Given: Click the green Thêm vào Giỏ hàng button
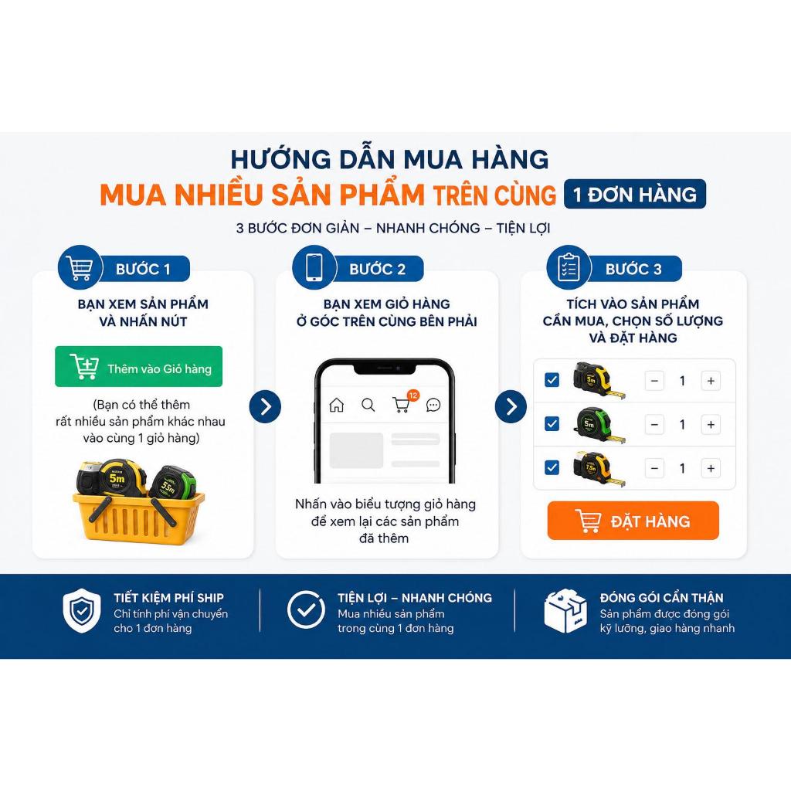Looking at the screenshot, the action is (x=139, y=366).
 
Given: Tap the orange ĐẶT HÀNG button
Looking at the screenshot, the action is (x=633, y=520).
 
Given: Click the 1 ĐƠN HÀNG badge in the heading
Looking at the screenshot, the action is (x=635, y=194).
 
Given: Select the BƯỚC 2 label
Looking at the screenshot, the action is (x=377, y=269).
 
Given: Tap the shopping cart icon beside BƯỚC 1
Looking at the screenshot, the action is (x=80, y=266).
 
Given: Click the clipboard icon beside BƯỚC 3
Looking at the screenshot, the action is (x=569, y=266).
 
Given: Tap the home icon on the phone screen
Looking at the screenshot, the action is (x=337, y=405).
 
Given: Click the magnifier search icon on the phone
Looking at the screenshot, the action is (x=368, y=405).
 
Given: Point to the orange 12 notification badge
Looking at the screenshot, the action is (x=413, y=395).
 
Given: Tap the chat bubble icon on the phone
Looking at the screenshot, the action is (x=433, y=405).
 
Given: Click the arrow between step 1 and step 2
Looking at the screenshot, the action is (x=265, y=406).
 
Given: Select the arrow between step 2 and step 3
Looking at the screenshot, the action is (x=511, y=406).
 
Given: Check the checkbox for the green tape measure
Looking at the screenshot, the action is (x=552, y=424).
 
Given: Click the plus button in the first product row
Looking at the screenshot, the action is (x=711, y=381).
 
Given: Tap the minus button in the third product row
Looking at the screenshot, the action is (x=654, y=469).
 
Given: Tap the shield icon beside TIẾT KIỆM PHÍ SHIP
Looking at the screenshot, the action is (x=82, y=610).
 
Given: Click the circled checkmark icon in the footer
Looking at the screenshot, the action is (x=306, y=610).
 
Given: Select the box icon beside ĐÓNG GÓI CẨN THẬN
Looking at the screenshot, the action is (x=565, y=610).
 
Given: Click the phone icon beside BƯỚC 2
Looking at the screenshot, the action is (x=314, y=266).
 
